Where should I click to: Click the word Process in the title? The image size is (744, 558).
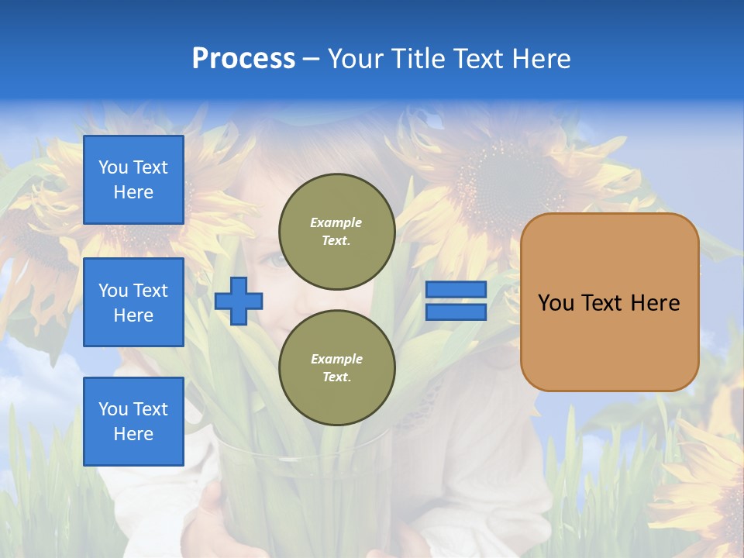point(243,59)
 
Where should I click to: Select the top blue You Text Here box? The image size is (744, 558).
point(133,180)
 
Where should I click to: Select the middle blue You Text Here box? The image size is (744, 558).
point(133,302)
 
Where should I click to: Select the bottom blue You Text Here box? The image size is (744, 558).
point(133,422)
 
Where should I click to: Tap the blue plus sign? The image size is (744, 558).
point(239,301)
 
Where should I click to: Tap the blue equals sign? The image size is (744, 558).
point(456,301)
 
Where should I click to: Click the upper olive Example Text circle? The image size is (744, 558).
point(336,232)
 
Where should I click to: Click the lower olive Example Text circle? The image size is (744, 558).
point(336,368)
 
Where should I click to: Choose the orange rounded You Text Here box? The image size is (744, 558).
point(609,302)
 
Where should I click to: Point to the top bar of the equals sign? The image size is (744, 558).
point(456,290)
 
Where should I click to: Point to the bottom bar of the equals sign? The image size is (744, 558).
point(456,312)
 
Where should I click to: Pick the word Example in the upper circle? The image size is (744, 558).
point(336,222)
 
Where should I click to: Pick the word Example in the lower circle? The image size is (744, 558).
point(336,359)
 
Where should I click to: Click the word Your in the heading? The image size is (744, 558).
point(356,59)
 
